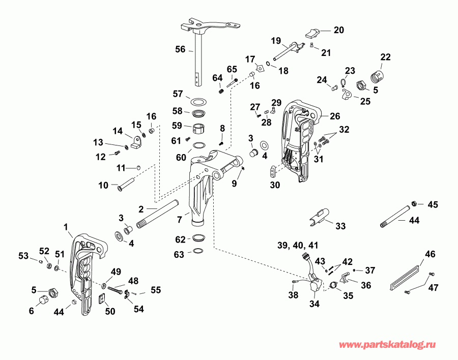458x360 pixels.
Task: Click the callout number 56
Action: tap(180, 49)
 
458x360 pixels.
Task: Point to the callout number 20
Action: tap(338, 30)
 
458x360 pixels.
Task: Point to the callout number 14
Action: tap(118, 131)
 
